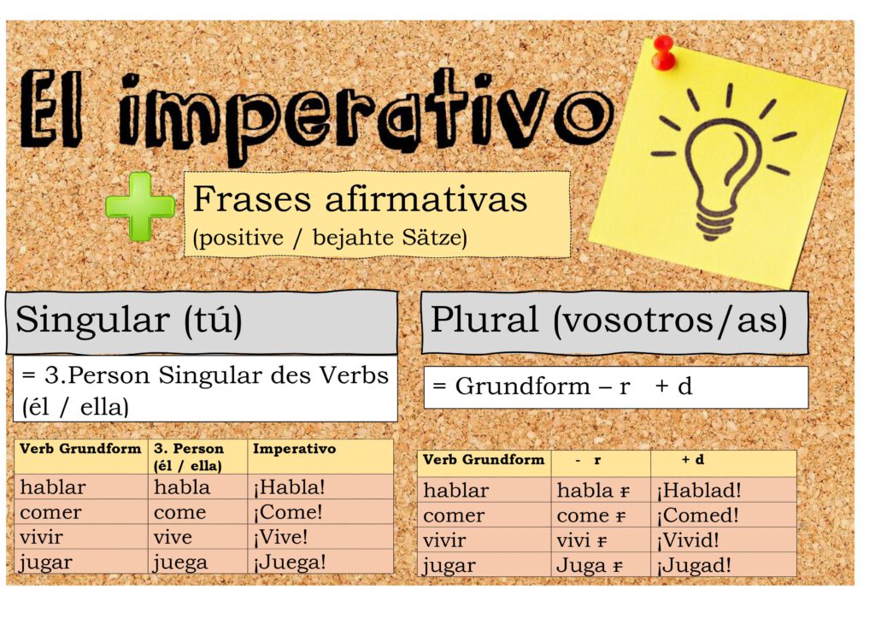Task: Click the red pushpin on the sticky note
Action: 663,53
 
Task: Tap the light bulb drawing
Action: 724,162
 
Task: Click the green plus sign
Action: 140,207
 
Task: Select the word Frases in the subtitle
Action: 252,198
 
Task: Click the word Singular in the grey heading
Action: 92,321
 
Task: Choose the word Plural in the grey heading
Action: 484,320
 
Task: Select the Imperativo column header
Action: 294,449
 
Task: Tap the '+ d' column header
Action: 692,459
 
